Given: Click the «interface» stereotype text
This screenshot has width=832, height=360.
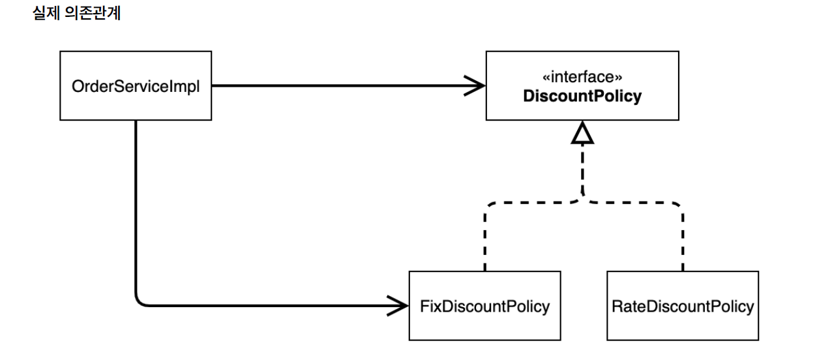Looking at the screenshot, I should click(582, 77).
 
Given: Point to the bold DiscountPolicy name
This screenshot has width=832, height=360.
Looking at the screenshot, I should click(582, 97).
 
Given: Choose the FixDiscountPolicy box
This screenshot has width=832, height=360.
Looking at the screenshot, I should click(484, 306).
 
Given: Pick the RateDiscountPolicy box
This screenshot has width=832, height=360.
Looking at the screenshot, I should click(682, 306).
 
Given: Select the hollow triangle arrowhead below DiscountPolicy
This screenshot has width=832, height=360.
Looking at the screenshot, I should click(582, 134).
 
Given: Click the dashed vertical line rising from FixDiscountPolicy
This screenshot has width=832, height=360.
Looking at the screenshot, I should click(484, 241).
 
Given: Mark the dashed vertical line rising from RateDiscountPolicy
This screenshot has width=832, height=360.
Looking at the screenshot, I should click(682, 241).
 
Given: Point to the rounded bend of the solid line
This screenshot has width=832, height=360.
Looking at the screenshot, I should click(140, 299).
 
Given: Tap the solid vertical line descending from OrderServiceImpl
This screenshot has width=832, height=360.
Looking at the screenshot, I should click(136, 209).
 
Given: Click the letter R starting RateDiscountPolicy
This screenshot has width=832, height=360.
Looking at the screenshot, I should click(616, 307).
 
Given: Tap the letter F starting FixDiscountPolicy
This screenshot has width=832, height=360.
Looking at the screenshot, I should click(424, 307).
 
